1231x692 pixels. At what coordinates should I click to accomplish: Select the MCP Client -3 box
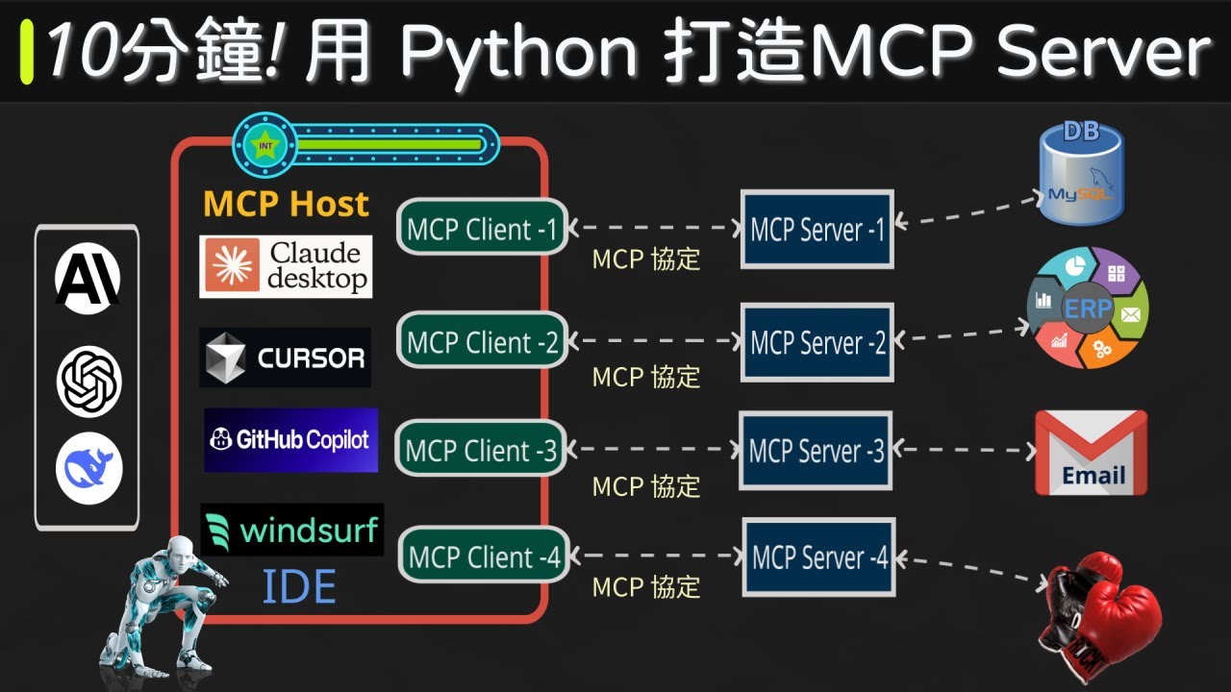click(482, 450)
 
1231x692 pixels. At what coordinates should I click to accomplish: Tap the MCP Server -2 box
click(817, 342)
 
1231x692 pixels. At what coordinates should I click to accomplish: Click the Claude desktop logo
click(286, 266)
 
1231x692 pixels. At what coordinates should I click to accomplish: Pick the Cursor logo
click(286, 358)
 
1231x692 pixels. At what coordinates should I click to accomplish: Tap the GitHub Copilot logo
click(290, 440)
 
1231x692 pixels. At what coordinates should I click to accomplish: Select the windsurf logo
click(292, 530)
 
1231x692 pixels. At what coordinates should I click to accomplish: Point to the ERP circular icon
click(1088, 309)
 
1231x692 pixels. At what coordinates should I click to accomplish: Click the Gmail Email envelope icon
click(1091, 453)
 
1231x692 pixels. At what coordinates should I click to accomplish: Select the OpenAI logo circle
click(88, 382)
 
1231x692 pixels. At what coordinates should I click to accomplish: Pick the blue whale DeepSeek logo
click(88, 469)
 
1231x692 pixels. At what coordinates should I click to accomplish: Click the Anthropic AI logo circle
click(88, 278)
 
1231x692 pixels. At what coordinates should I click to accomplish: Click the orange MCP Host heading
click(286, 204)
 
